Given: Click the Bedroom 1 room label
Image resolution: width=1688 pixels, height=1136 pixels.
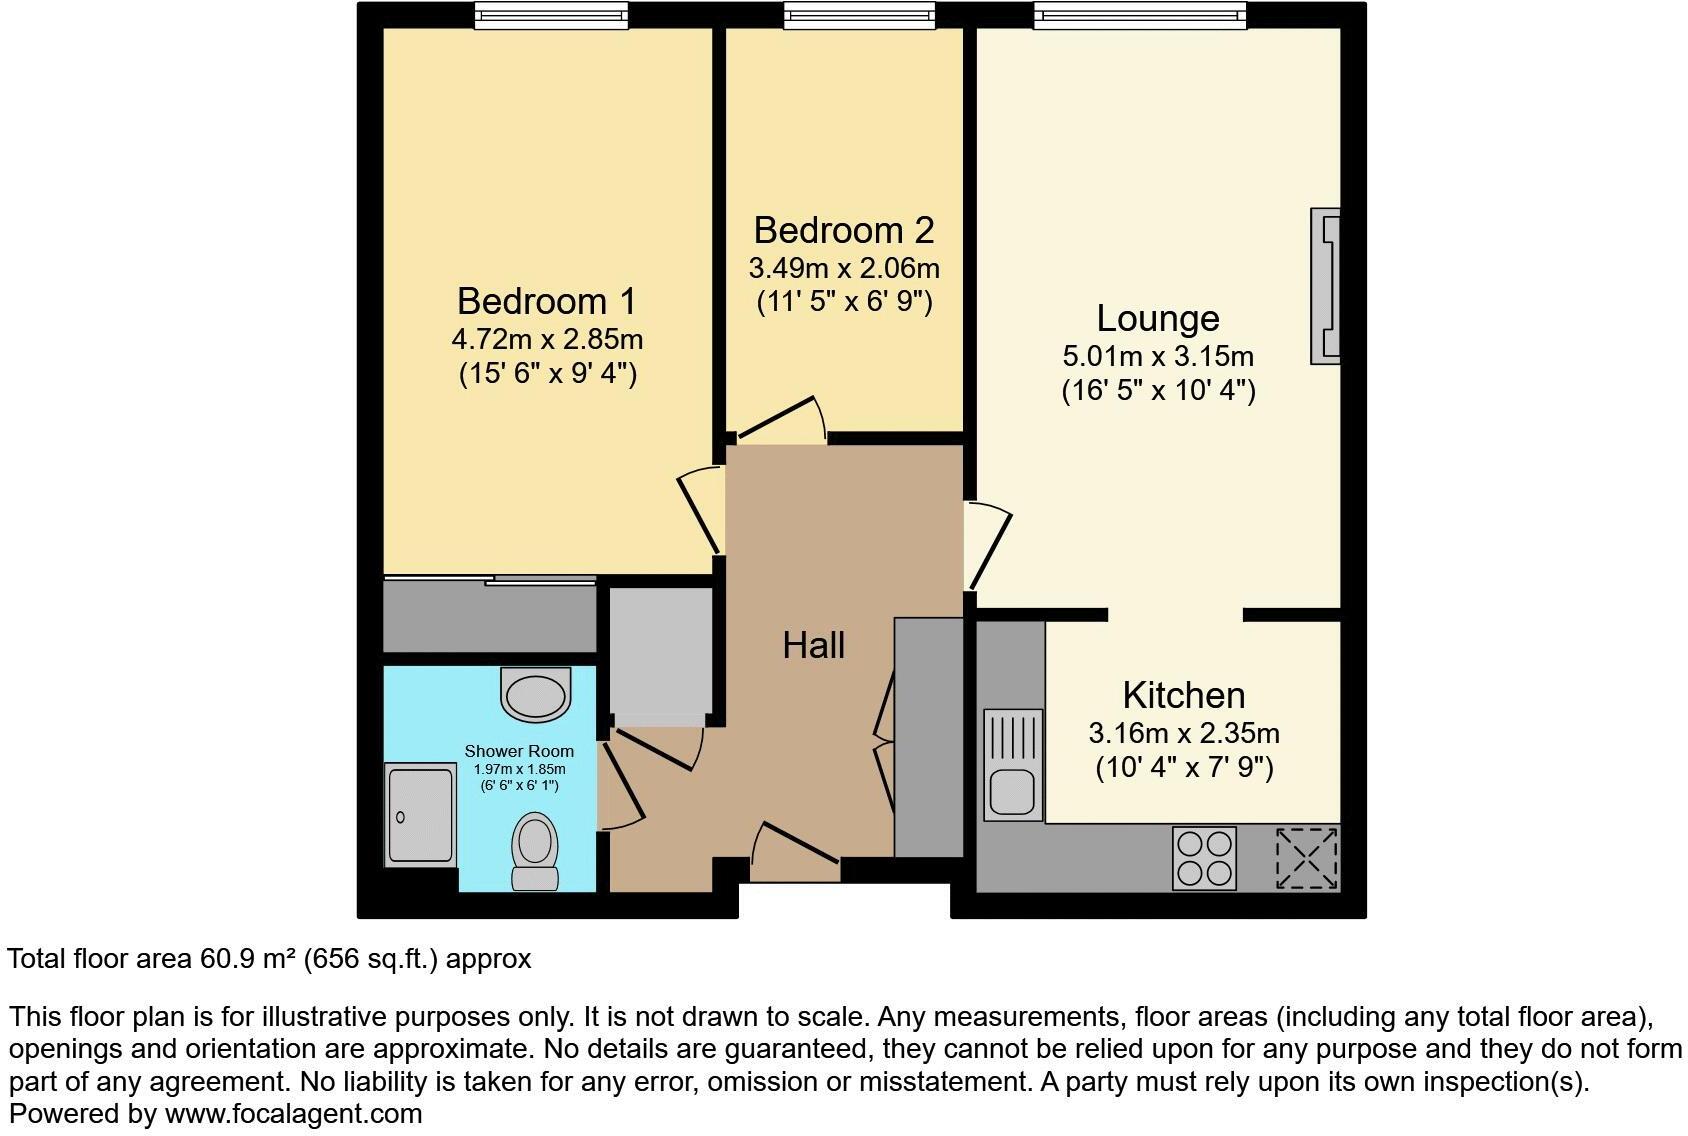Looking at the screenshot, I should [x=546, y=301].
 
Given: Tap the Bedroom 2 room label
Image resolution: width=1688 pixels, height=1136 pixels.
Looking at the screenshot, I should [x=844, y=230].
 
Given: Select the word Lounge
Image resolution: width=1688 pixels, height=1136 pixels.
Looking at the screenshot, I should [x=1158, y=318].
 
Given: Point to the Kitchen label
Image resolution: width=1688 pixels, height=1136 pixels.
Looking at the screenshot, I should [x=1184, y=695].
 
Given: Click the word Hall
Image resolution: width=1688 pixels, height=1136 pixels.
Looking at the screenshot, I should [x=814, y=645].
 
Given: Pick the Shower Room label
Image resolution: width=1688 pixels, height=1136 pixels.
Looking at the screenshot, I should [x=519, y=751].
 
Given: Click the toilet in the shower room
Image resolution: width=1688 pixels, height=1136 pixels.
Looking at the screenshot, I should [x=535, y=850].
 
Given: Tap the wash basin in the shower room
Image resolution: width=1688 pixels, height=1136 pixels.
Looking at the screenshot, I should [x=535, y=693].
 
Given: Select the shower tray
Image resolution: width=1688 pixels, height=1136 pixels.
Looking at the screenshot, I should [x=420, y=815].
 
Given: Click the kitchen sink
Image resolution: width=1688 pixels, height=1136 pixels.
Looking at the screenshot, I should [x=1014, y=766].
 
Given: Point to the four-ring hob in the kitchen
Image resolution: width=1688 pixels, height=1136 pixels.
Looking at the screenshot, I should [x=1204, y=858].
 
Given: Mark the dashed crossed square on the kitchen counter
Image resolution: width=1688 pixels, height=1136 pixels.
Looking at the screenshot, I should [x=1307, y=858].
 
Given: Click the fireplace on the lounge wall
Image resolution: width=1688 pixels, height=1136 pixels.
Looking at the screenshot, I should [x=1326, y=286].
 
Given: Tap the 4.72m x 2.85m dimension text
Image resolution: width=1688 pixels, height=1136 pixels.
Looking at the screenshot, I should [x=547, y=339].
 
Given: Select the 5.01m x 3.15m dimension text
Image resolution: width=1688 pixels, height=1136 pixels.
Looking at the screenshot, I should [x=1158, y=356].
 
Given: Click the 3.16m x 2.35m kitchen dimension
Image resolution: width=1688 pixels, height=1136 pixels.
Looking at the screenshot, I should [x=1184, y=733].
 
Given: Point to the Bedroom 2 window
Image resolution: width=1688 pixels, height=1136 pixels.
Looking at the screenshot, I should [x=859, y=14].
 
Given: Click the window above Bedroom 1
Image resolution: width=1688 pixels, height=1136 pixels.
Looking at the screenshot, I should [x=551, y=14].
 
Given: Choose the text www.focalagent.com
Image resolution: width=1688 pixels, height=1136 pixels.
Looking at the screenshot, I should [x=293, y=1113].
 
